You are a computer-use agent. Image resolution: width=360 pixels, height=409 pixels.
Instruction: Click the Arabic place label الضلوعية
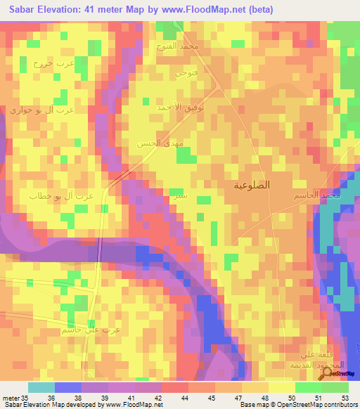[252, 186]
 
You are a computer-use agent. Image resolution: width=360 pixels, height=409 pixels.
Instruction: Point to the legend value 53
[344, 398]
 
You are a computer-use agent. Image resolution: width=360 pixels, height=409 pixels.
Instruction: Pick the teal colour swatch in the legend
[41, 387]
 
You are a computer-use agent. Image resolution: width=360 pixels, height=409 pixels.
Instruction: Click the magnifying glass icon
[328, 375]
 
